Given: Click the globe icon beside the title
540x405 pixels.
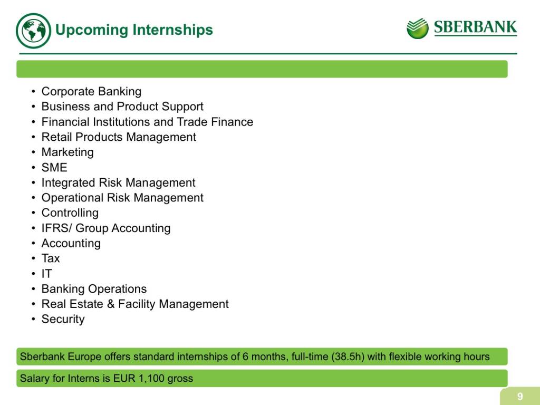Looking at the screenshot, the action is point(33,31).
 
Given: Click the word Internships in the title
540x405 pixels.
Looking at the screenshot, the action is point(172,30).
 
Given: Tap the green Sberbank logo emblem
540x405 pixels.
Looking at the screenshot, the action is point(418,28).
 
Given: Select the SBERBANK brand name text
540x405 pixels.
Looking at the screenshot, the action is point(475,27).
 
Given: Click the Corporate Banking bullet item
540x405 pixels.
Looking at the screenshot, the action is point(91,92).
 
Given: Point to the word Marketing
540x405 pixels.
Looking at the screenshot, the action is point(67,152).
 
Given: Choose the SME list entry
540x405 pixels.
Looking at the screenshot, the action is point(54,167).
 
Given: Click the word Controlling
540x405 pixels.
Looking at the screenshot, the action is point(70,213).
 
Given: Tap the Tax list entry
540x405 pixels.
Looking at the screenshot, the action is point(51,258).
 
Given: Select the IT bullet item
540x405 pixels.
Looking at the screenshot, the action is point(46,274).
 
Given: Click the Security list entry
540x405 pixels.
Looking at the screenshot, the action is point(63,319).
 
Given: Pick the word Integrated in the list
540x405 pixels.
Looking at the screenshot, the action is point(68,182).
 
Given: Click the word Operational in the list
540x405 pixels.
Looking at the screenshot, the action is point(72,198).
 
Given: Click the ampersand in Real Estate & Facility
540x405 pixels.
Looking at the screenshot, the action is point(111,304).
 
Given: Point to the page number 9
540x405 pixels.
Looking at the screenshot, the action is point(520,397).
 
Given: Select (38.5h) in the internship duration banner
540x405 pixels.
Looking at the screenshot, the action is point(348,356).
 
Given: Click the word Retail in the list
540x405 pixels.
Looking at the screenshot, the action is point(56,137).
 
